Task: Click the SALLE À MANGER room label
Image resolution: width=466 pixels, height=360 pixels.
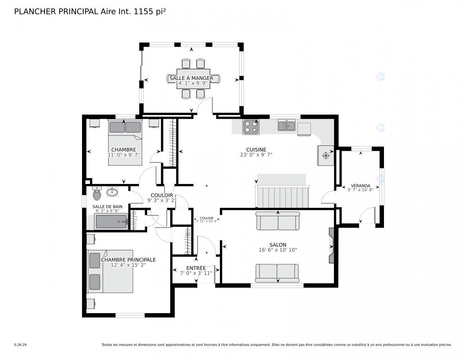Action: (x=191, y=78)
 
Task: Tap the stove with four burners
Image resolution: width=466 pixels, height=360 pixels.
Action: (x=251, y=127)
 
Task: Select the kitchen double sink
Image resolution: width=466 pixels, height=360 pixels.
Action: (x=286, y=125)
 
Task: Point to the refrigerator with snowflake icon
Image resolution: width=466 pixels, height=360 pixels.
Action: (x=326, y=156)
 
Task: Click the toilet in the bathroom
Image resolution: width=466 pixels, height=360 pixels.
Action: (x=97, y=194)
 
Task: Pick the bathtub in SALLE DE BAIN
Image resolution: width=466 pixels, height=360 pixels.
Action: (x=111, y=222)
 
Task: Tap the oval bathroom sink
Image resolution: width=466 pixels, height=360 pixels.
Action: (x=112, y=192)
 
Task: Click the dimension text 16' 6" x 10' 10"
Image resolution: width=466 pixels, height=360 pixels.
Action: (x=278, y=250)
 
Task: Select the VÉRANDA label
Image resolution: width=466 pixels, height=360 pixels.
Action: (x=361, y=186)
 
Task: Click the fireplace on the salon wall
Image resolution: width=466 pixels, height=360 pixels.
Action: (x=331, y=246)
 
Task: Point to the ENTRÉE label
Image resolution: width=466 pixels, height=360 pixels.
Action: (x=196, y=268)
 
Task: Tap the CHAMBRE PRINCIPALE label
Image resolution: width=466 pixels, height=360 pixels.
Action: (x=128, y=260)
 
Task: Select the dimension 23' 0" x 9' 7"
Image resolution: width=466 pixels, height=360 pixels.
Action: (x=256, y=155)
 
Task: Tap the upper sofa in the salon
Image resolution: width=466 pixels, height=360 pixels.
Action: (x=278, y=221)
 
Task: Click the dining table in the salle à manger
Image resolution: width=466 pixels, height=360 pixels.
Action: (x=193, y=78)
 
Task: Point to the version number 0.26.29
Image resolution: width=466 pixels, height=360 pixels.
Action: (x=20, y=345)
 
